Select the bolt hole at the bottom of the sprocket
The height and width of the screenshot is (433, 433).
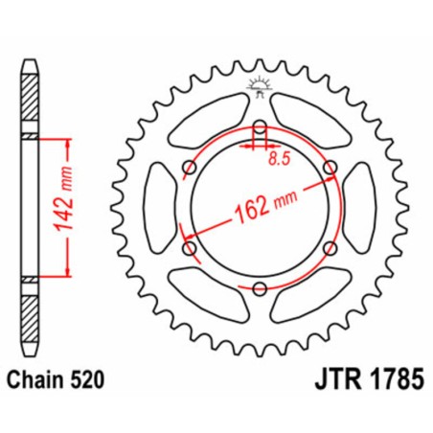pos(260,288)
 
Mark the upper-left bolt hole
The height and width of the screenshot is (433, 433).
pos(190,168)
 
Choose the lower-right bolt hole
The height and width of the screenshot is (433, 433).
pos(330,248)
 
